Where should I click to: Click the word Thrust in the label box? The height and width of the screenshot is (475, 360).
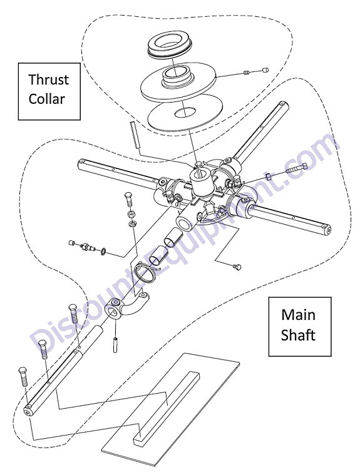tap(48, 79)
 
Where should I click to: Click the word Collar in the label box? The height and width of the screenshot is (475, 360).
tap(47, 99)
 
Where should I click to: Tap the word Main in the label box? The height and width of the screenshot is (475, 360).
tap(298, 314)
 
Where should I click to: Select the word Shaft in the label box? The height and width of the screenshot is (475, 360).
tap(298, 335)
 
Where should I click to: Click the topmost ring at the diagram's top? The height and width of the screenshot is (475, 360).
tap(169, 46)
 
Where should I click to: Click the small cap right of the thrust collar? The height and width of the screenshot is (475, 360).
tap(265, 70)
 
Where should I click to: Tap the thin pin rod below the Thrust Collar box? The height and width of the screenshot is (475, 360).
tap(135, 135)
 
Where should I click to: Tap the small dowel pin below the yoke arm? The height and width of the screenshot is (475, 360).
tap(115, 344)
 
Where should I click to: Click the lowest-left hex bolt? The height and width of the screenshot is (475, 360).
tap(24, 377)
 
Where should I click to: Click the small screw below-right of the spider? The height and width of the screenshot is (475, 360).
tap(237, 267)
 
